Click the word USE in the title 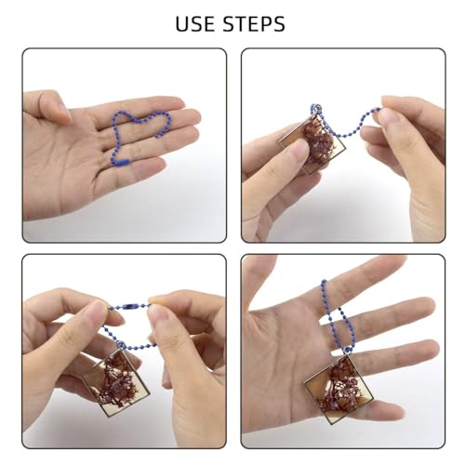[x=200, y=23]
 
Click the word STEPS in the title [x=256, y=23]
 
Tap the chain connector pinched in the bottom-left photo [x=133, y=309]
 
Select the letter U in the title [x=183, y=23]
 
